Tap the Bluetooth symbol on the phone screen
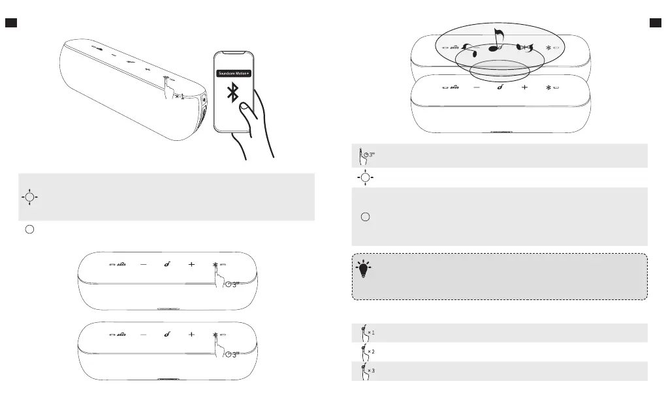[x=233, y=93]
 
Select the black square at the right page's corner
[x=656, y=23]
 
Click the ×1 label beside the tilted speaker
[x=180, y=97]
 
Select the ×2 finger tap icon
[x=368, y=352]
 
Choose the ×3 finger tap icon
[x=368, y=370]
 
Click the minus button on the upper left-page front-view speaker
[x=143, y=265]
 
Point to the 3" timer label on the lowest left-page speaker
[x=233, y=354]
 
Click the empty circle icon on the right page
[x=366, y=217]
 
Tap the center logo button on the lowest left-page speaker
[x=166, y=335]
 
